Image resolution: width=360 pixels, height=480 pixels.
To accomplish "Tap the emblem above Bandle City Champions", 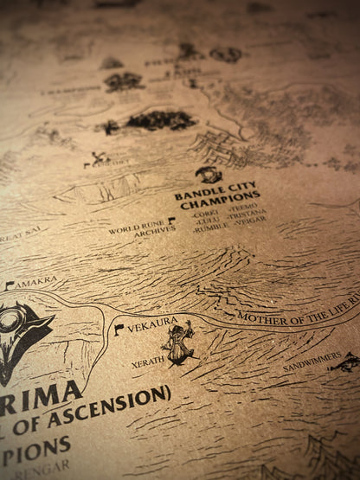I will point(209,176).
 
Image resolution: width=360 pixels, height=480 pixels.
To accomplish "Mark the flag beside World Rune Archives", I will point(170,221).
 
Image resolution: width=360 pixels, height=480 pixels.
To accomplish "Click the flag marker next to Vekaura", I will point(119,330).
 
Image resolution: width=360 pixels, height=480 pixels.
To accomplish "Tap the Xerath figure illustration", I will point(181,342).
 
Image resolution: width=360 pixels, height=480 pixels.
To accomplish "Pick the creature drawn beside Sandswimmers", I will point(345,362).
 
